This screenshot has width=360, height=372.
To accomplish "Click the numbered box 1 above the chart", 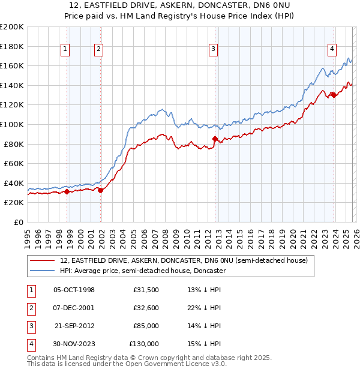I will pos(65,50).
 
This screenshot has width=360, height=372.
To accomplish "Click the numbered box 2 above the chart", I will pos(98,50).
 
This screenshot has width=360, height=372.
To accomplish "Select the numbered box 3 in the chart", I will pos(213,50).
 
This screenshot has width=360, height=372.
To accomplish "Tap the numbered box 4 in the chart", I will pos(332,50).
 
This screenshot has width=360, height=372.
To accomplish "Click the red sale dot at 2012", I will pos(215,139).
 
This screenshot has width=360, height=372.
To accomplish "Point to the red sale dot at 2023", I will pos(334,95).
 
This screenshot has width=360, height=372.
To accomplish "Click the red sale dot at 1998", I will pos(67,191).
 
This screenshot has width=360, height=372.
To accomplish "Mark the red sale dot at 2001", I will pos(100,190).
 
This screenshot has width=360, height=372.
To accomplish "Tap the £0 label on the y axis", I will pos(18,222).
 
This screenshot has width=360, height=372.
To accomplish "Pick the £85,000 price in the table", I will pos(144,326).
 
